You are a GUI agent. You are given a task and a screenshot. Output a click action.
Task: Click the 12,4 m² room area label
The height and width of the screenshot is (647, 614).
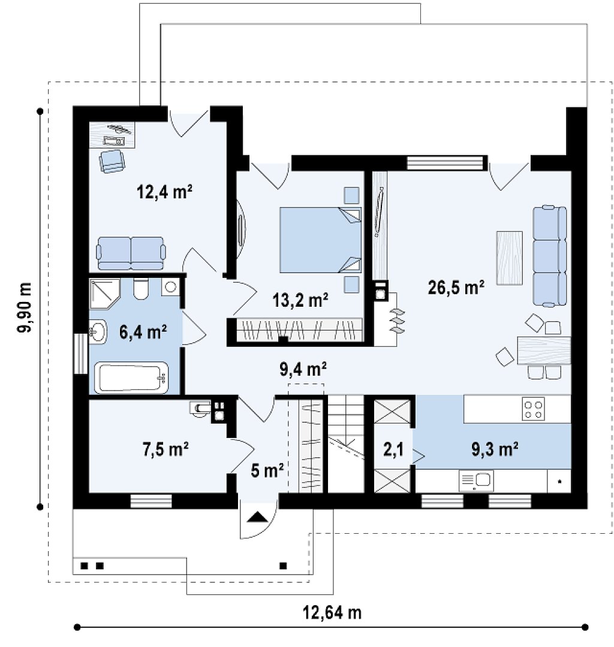(x=164, y=192)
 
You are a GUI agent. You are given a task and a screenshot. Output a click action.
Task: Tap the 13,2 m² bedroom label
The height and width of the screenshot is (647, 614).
(x=300, y=300)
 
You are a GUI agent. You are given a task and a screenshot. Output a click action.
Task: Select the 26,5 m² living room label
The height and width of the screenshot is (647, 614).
(x=456, y=288)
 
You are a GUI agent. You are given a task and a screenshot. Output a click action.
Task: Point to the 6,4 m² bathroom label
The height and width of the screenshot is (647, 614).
(x=143, y=332)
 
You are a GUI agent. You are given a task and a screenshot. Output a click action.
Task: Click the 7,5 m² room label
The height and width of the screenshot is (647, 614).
(x=166, y=449)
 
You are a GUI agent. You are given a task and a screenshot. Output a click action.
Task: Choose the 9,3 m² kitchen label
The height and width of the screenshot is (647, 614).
(x=495, y=449)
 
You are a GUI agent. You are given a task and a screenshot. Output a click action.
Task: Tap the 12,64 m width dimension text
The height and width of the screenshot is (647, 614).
(x=332, y=612)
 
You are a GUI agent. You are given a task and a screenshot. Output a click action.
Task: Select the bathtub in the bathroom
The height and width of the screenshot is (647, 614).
(x=131, y=377)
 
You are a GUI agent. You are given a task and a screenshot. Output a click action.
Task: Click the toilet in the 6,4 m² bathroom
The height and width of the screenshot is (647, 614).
(x=141, y=288)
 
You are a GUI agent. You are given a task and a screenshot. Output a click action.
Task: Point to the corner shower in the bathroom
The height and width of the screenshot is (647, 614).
(x=105, y=294)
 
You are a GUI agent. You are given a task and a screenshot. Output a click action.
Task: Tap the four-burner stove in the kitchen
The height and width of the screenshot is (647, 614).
(x=533, y=409)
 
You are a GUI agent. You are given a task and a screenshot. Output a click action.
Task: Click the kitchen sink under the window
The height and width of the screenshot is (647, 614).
(x=476, y=480)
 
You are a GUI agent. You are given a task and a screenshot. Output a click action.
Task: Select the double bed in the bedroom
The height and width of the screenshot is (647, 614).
(x=320, y=240)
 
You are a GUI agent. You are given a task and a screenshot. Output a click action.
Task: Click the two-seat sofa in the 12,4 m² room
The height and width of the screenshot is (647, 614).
(x=131, y=253)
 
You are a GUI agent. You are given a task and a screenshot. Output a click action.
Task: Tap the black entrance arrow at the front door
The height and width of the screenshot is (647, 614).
(x=257, y=517)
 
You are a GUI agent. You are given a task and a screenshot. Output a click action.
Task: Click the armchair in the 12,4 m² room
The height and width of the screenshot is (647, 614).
(x=112, y=161)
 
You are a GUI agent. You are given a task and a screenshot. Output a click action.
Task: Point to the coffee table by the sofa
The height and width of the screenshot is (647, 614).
(x=510, y=258)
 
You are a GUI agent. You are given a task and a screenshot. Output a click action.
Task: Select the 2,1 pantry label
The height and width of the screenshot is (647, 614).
(x=393, y=449)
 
